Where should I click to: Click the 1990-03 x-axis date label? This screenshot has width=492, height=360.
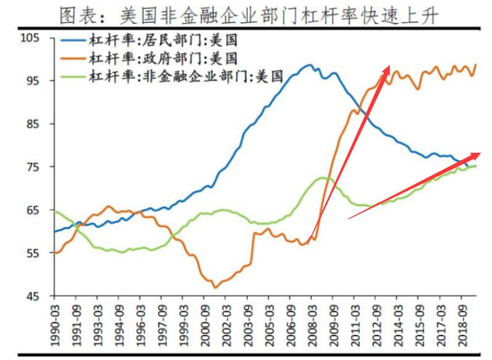[55, 324]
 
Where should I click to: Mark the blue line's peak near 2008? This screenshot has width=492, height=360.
[309, 65]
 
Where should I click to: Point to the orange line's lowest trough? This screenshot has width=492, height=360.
[215, 287]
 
